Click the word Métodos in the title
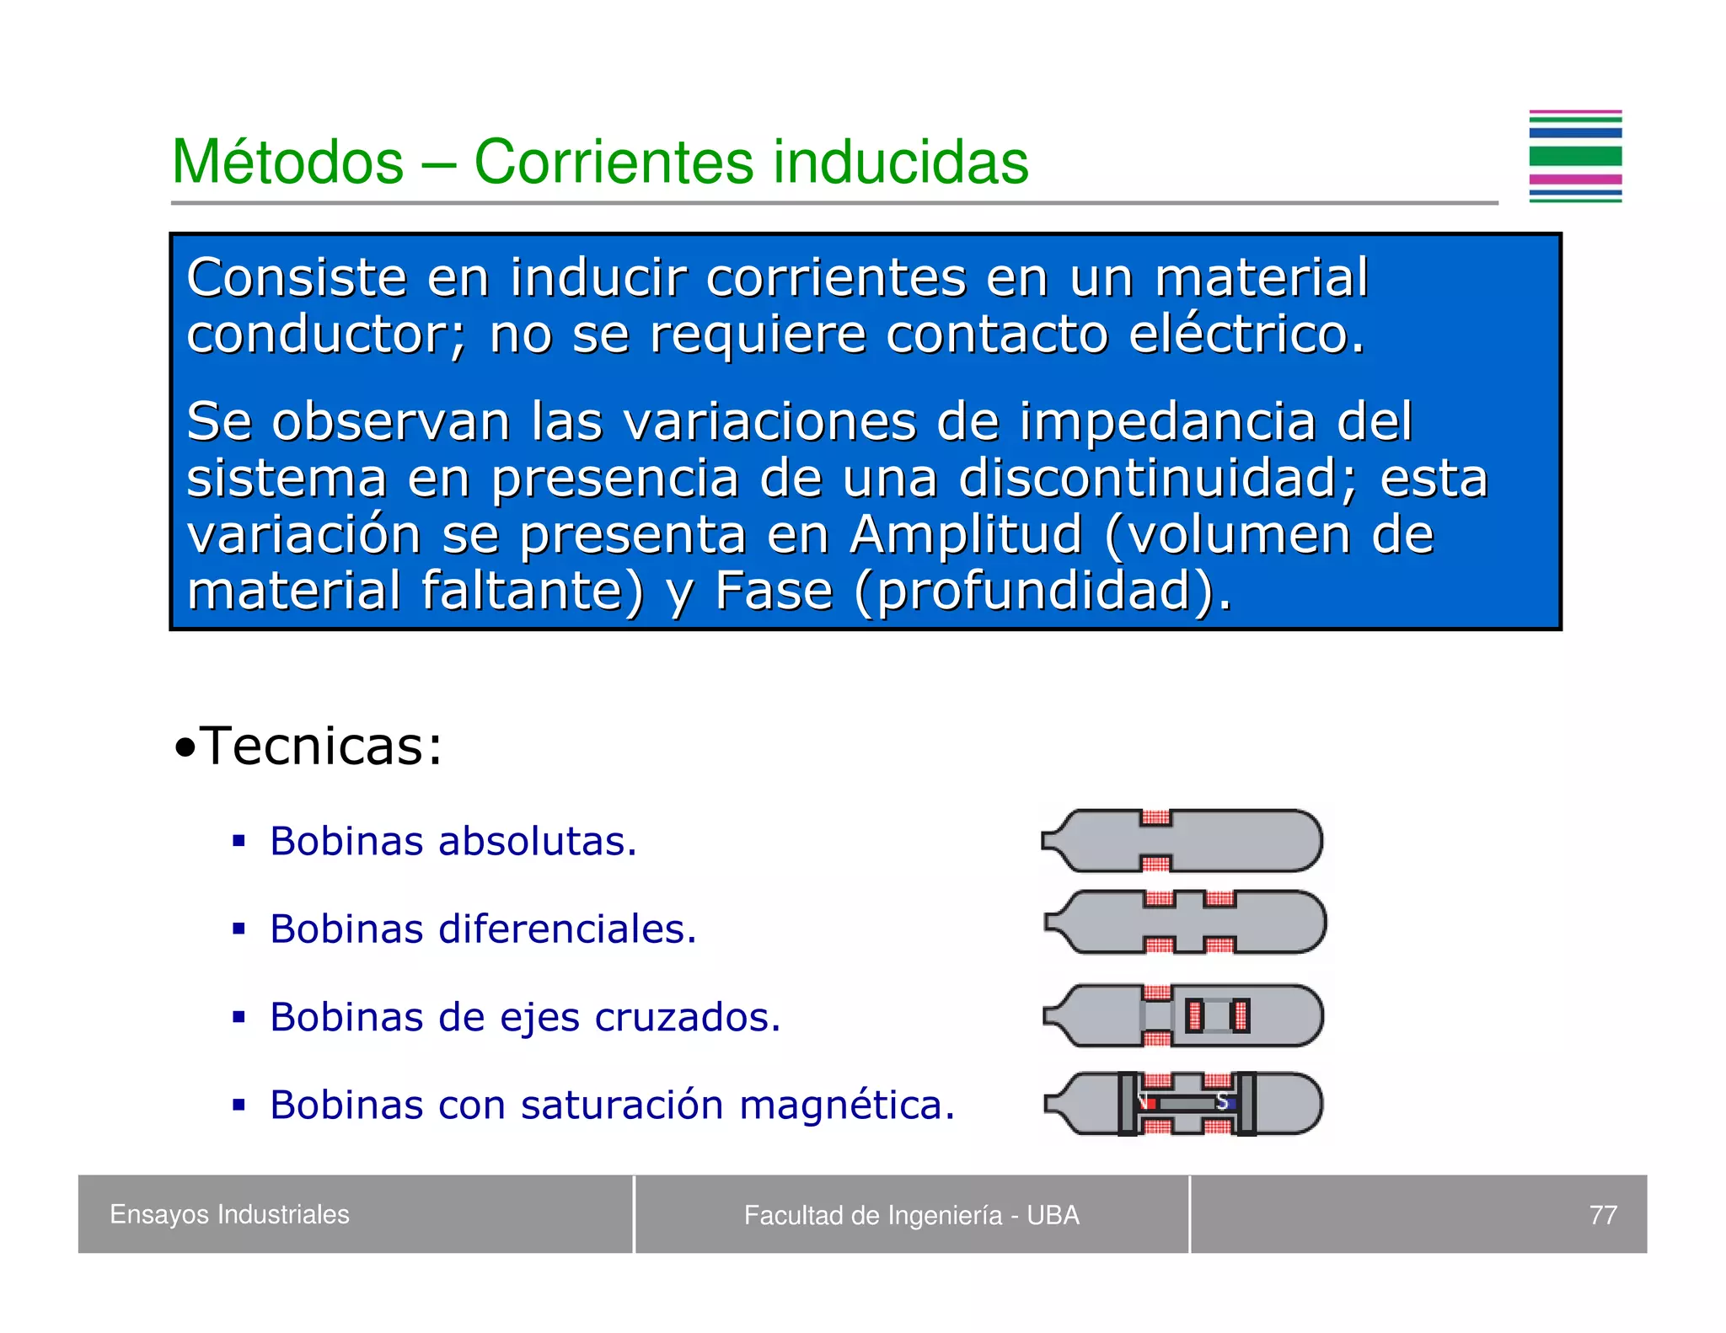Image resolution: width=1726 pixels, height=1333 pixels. (287, 162)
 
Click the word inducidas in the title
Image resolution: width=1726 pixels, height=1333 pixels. (901, 162)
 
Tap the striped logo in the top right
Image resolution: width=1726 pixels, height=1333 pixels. (1574, 157)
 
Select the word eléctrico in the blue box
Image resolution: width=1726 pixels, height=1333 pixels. (1246, 335)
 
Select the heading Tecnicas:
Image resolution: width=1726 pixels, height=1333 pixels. (319, 747)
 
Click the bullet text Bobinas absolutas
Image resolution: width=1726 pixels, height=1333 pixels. (453, 842)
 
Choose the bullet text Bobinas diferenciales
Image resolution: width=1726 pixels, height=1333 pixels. (483, 929)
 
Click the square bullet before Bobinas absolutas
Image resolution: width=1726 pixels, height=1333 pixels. (239, 841)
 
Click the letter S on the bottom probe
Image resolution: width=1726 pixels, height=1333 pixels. (1221, 1102)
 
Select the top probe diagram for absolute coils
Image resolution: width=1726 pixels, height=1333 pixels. (1182, 841)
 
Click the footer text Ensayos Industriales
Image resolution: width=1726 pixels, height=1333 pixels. (229, 1214)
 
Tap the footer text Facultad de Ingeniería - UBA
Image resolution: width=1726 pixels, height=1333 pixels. (911, 1215)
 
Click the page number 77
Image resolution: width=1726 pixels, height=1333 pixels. (1602, 1215)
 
